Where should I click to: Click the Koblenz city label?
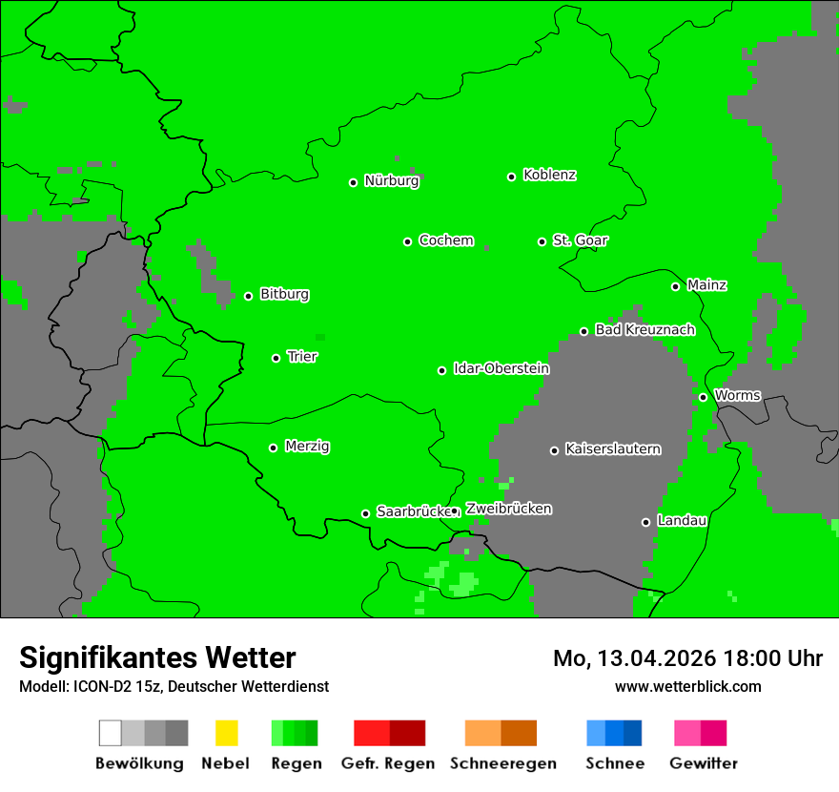click(549, 175)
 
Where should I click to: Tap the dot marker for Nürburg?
click(353, 182)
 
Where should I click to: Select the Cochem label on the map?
click(446, 240)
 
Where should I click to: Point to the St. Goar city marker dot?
click(542, 241)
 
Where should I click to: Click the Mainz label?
click(706, 285)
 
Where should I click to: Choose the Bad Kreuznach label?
click(645, 330)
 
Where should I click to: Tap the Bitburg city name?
click(284, 295)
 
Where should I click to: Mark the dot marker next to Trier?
click(276, 358)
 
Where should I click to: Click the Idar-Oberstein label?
click(501, 368)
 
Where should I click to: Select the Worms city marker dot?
click(703, 397)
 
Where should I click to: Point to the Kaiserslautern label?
click(612, 448)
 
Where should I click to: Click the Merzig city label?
click(307, 447)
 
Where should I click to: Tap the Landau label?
click(682, 521)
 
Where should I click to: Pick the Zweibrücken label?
click(508, 509)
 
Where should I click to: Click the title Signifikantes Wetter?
click(157, 657)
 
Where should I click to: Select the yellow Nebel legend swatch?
click(226, 733)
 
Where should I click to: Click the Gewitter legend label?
click(704, 763)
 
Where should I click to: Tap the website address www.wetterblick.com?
click(687, 686)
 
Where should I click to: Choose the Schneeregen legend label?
click(502, 763)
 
